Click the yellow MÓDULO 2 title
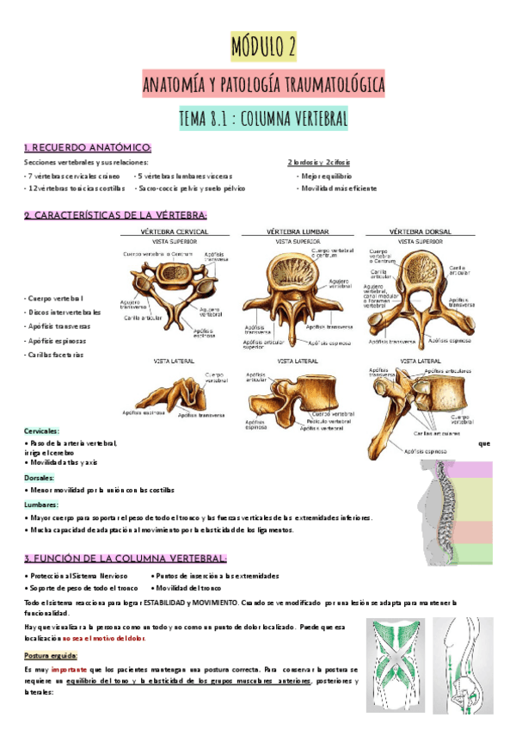pyautogui.click(x=264, y=47)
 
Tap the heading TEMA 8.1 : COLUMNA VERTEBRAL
pyautogui.click(x=263, y=119)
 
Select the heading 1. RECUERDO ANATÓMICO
pyautogui.click(x=89, y=147)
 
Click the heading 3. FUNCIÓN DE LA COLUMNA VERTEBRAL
pyautogui.click(x=126, y=558)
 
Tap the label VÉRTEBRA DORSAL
pyautogui.click(x=421, y=232)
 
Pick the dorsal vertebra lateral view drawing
pyautogui.click(x=419, y=405)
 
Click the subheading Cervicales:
pyautogui.click(x=42, y=430)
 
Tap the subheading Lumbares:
pyautogui.click(x=41, y=504)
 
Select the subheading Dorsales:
pyautogui.click(x=40, y=477)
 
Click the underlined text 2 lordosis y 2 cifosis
pyautogui.click(x=318, y=162)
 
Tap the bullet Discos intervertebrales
pyautogui.click(x=64, y=312)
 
